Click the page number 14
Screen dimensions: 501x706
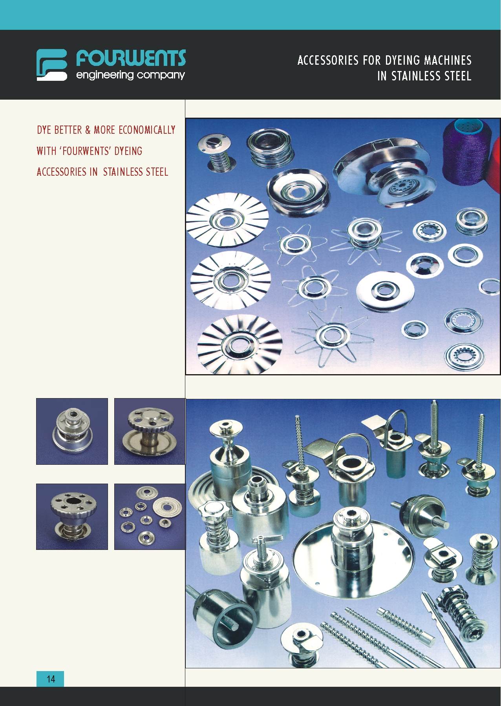pyautogui.click(x=51, y=679)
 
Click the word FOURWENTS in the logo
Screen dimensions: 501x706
pyautogui.click(x=131, y=58)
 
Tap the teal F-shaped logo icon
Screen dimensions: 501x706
pyautogui.click(x=52, y=65)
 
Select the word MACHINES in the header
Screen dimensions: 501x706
pyautogui.click(x=447, y=60)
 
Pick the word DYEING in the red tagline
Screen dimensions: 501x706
pyautogui.click(x=128, y=151)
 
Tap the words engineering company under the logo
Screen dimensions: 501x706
pyautogui.click(x=130, y=75)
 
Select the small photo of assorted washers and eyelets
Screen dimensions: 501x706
pyautogui.click(x=150, y=517)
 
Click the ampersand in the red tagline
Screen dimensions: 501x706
pyautogui.click(x=88, y=130)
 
